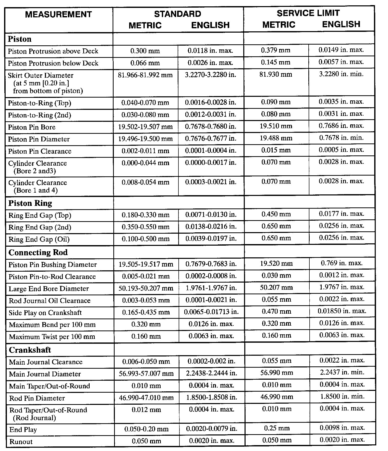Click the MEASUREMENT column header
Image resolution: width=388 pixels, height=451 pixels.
(x=58, y=14)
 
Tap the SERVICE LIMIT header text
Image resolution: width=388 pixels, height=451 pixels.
(x=308, y=13)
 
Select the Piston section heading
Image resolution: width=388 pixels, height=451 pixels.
(x=20, y=39)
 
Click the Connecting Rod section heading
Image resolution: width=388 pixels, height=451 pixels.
(x=38, y=252)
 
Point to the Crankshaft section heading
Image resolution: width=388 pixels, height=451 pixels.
(x=30, y=350)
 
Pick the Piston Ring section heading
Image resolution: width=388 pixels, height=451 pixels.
(x=30, y=203)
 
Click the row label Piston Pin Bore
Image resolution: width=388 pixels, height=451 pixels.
(x=32, y=127)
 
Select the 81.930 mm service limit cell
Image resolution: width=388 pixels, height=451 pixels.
(x=276, y=74)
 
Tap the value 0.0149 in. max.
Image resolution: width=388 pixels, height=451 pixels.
(x=341, y=50)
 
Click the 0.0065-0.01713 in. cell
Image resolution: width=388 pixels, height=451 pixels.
(x=211, y=312)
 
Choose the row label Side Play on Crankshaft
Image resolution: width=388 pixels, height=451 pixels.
(x=45, y=313)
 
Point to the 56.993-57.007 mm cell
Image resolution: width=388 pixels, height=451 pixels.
(x=146, y=374)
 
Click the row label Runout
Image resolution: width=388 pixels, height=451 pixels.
(x=21, y=442)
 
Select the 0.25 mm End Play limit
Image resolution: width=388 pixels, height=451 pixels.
(x=277, y=428)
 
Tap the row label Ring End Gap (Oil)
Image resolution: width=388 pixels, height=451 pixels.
(x=39, y=239)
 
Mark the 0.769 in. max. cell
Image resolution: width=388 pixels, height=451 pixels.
(x=342, y=263)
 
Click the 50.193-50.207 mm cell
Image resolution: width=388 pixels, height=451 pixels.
(x=146, y=288)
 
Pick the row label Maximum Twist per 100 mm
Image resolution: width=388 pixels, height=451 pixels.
(x=52, y=337)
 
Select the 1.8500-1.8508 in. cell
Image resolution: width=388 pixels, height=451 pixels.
(x=212, y=397)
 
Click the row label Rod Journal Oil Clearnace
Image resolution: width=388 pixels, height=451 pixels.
(x=50, y=301)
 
